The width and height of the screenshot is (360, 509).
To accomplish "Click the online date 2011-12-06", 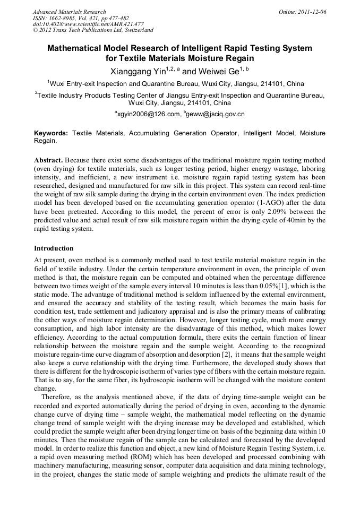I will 311,12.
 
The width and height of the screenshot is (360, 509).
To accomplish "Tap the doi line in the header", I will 88,24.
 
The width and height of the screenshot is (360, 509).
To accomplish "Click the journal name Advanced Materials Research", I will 69,12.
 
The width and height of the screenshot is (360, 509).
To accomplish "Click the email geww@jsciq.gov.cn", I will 216,114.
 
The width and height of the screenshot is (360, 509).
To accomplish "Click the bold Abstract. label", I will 49,160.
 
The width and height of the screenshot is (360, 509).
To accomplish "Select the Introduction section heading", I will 54,248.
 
